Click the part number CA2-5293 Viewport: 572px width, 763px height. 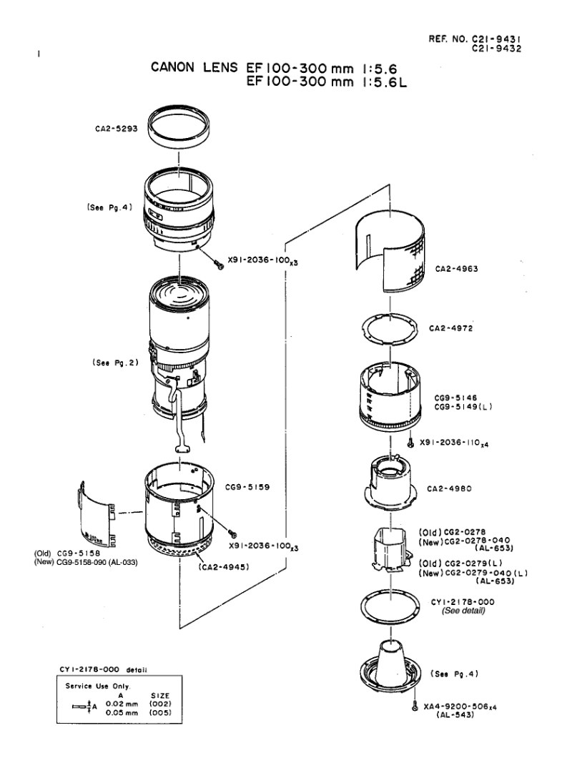tap(117, 129)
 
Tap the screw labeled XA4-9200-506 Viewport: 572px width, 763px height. tap(415, 706)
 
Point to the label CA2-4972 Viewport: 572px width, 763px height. tap(451, 328)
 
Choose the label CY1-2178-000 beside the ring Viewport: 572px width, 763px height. tap(463, 602)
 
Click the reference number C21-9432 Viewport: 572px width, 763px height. tap(497, 49)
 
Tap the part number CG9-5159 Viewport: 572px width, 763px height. tap(247, 487)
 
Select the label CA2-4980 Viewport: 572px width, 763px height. tap(449, 488)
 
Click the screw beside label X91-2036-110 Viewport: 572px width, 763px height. tap(410, 443)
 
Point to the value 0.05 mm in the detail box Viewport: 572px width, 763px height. tap(122, 713)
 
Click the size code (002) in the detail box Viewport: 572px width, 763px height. tap(160, 704)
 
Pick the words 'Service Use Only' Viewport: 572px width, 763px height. tap(98, 686)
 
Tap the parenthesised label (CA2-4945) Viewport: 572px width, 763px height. tap(224, 567)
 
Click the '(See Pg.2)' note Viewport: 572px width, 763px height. tap(115, 363)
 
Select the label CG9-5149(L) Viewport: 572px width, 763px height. tap(463, 407)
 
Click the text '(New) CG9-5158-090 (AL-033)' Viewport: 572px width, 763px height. tap(86, 563)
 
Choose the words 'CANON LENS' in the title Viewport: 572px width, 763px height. tap(194, 67)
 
